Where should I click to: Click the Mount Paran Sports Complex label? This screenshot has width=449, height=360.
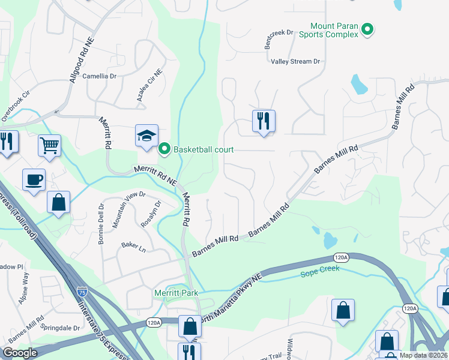tap(334, 30)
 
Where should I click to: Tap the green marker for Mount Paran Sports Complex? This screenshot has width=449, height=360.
tap(369, 29)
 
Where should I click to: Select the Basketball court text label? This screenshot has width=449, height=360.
tap(203, 149)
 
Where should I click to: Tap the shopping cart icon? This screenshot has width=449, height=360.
tap(49, 145)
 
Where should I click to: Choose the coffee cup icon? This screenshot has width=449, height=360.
tap(34, 179)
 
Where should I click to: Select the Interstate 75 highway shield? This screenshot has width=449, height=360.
tap(82, 292)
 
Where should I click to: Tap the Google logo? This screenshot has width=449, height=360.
tap(20, 353)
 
